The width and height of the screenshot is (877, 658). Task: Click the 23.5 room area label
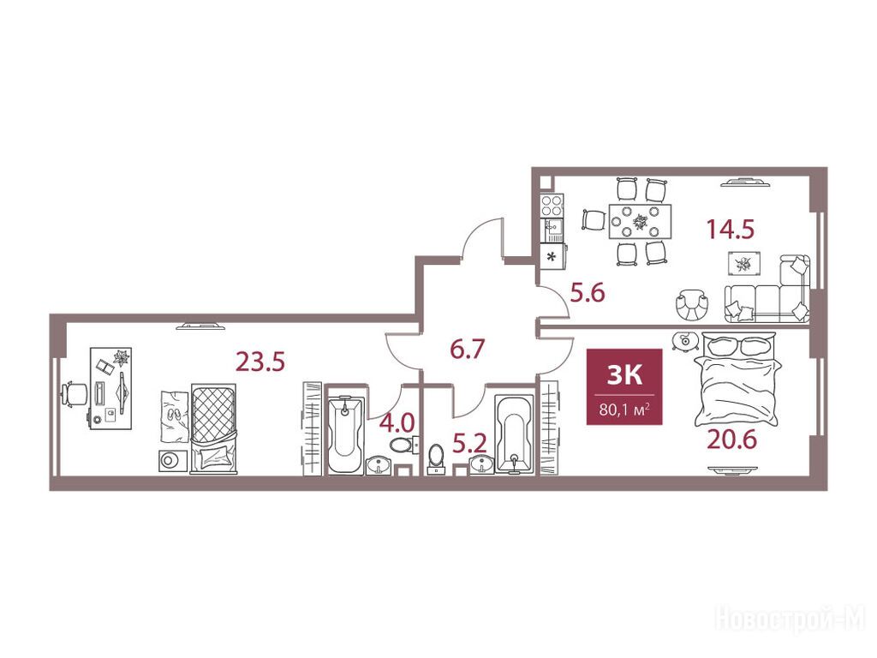click(260, 362)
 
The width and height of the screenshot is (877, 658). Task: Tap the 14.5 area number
click(731, 229)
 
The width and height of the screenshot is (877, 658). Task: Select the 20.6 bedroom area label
click(731, 440)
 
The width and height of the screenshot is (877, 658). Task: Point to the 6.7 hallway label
click(467, 350)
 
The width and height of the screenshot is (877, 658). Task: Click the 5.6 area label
click(588, 293)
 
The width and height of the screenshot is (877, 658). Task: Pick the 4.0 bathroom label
click(397, 422)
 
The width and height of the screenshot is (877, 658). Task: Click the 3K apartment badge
click(624, 386)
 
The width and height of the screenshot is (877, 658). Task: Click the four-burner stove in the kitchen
click(552, 206)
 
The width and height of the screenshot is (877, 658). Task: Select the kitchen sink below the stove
click(552, 230)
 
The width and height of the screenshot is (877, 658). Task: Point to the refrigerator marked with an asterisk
click(552, 257)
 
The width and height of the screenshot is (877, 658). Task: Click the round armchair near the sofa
click(692, 305)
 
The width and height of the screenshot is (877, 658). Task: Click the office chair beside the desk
click(75, 394)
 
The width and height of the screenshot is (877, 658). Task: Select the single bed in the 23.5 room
click(213, 428)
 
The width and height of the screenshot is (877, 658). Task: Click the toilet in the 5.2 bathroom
click(435, 459)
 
